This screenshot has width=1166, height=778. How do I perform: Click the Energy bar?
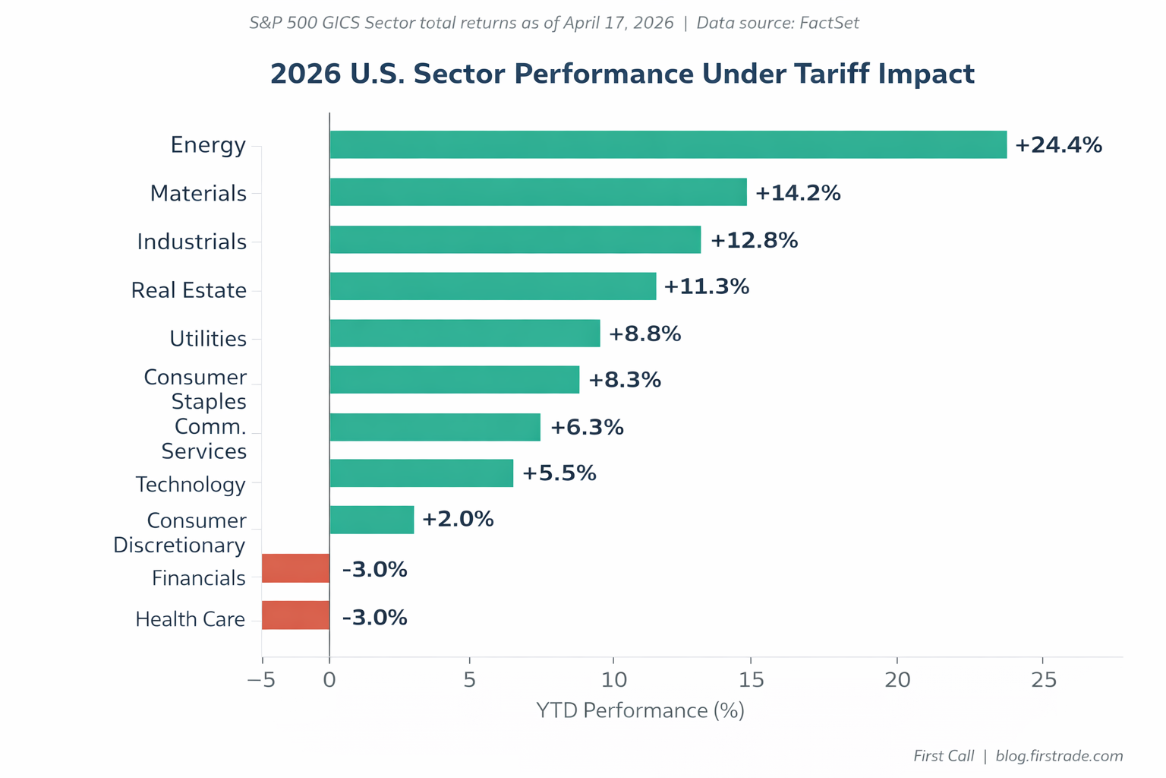[668, 144]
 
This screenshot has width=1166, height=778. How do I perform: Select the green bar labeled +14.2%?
[538, 192]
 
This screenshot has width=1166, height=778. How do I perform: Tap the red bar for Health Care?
[295, 615]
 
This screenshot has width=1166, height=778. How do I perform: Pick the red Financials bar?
[295, 568]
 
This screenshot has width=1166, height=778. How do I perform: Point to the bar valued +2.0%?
[371, 520]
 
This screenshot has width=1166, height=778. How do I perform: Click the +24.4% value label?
[1058, 145]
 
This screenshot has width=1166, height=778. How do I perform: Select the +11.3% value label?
[706, 286]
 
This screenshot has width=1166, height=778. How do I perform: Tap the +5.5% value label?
[559, 473]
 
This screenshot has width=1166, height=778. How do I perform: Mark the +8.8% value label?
[644, 334]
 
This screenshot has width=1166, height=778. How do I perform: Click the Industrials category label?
[191, 242]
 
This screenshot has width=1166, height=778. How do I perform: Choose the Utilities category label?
[207, 339]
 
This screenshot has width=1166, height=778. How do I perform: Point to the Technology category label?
[191, 485]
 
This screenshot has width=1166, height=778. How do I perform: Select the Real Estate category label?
[188, 290]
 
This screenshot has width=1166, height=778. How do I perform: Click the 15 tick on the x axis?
[751, 680]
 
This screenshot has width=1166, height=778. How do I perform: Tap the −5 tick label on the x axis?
[260, 680]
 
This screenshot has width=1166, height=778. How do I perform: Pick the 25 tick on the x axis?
[1044, 680]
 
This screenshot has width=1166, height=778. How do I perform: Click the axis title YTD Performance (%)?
[640, 710]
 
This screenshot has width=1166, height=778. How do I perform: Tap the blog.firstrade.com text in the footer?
[1059, 756]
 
